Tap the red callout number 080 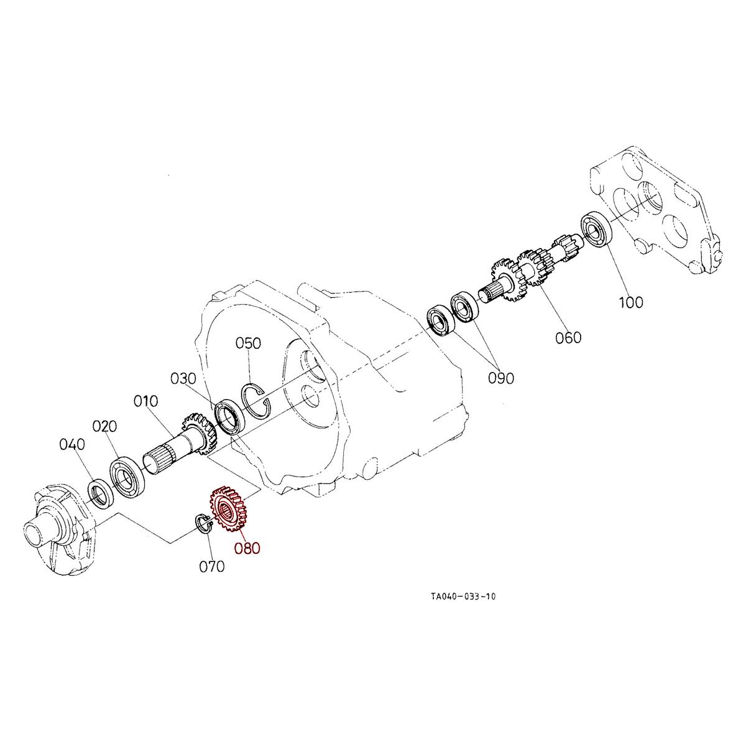[x=247, y=548]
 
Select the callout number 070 [x=212, y=566]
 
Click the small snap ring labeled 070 [x=203, y=523]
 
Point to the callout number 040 [x=72, y=444]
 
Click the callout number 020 [x=105, y=426]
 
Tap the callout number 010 [x=146, y=401]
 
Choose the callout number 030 [x=183, y=379]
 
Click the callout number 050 [x=248, y=343]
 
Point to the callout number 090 [x=501, y=378]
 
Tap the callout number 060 [x=568, y=337]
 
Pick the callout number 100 [x=631, y=303]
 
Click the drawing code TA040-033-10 [x=463, y=597]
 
